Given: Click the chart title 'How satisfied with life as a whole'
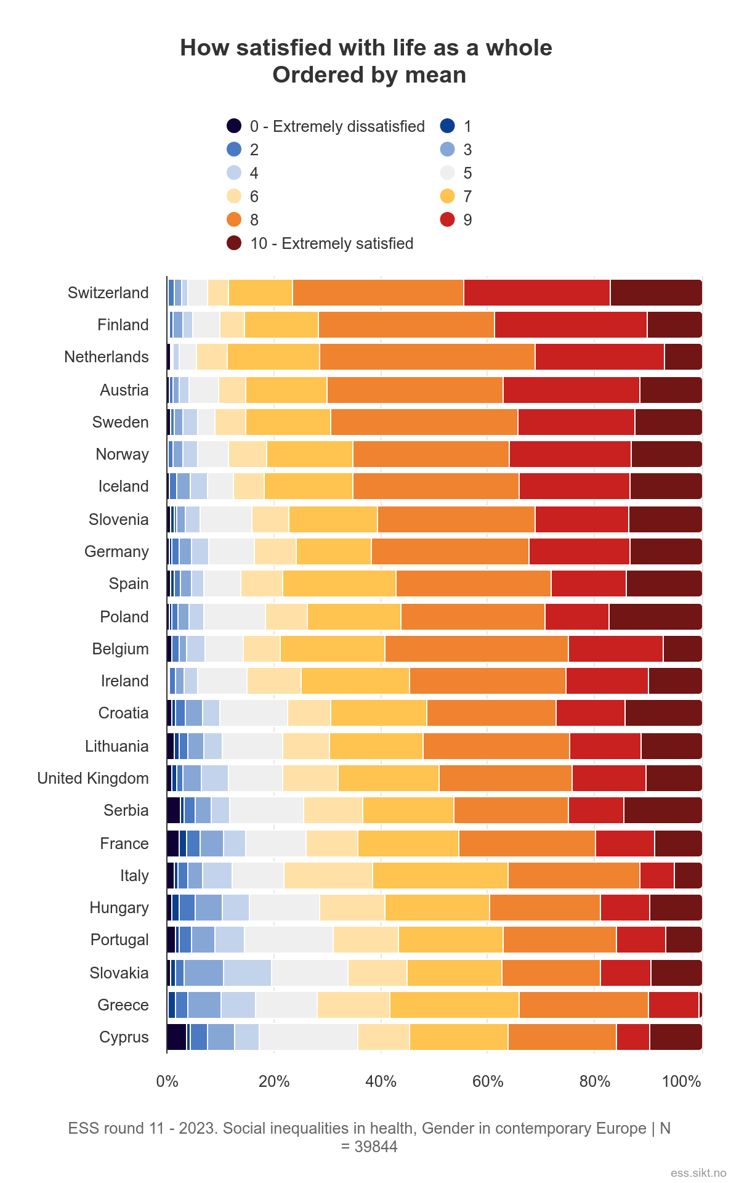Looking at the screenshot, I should pos(366,48).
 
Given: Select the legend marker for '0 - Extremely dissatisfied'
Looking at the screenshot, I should pos(234,126).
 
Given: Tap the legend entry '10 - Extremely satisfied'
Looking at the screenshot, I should pos(331,243).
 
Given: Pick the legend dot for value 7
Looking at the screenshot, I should pos(448,197).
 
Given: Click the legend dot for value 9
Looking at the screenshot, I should pos(448,220).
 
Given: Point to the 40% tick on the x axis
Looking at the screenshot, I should pos(381,1081).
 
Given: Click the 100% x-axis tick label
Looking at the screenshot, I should pos(682,1081).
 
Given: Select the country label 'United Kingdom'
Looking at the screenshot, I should pos(93,778).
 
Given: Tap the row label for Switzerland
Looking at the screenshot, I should pos(108,293).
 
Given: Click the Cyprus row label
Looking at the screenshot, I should pos(124,1037).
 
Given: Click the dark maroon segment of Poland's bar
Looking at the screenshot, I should pos(655,617).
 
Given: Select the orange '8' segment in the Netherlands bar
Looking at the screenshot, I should pos(427,357).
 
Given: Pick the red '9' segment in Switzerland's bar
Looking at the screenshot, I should pos(537,293).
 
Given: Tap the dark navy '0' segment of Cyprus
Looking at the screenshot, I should pos(177,1037).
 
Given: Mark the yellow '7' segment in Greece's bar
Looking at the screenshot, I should pos(454,1005).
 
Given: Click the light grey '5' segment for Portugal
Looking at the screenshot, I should pos(289,940).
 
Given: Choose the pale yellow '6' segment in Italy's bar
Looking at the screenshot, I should pos(328,876).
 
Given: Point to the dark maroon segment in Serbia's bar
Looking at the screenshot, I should pos(663,810).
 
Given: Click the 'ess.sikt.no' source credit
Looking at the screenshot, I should pos(698,1173).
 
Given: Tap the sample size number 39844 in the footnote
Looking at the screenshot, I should pos(376,1147).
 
